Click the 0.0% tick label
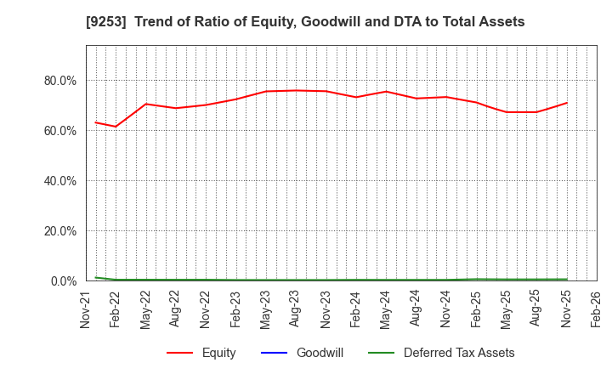[62, 281]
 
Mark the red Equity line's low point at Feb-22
[116, 127]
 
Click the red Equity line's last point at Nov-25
[567, 103]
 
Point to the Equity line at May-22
[146, 104]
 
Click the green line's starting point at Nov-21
[95, 277]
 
